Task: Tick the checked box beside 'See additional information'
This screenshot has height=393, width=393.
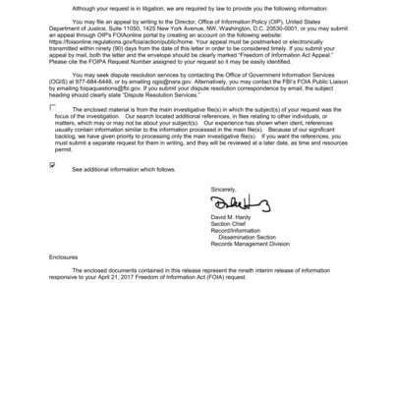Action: coord(52,166)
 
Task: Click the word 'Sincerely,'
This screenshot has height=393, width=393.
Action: coord(223,188)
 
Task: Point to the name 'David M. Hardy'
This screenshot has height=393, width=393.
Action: coord(229,217)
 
